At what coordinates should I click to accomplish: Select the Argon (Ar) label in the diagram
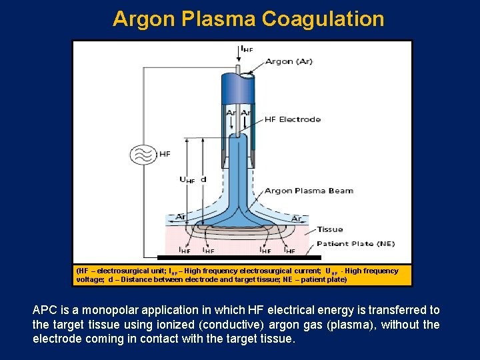coord(289,61)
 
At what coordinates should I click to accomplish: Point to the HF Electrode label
coord(293,120)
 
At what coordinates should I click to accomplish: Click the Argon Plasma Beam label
coord(309,191)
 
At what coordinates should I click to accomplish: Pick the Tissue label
coord(330,229)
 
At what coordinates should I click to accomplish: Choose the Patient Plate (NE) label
coord(355,244)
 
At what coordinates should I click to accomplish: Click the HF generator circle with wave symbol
coord(143,154)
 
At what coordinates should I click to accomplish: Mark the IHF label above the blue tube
coord(246,49)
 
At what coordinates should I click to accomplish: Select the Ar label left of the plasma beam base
coord(181,217)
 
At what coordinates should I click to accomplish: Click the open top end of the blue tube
coord(244,75)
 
